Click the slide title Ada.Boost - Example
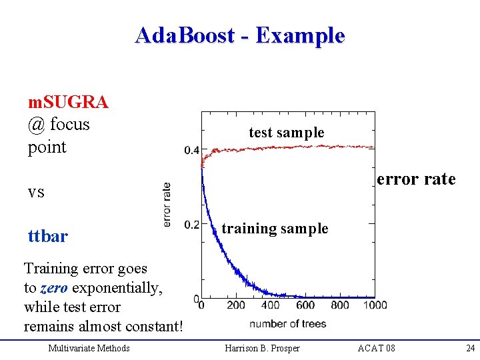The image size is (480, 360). (239, 35)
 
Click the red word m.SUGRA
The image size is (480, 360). (68, 102)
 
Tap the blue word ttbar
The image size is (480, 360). (47, 237)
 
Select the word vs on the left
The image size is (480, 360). (36, 192)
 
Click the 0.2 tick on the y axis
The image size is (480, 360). (191, 225)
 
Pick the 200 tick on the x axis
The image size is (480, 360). (236, 305)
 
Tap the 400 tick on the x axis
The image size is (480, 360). (271, 305)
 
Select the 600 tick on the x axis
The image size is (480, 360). (305, 305)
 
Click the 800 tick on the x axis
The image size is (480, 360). (340, 305)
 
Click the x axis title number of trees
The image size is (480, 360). (288, 324)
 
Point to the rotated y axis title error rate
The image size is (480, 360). (167, 204)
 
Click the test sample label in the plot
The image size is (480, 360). (287, 133)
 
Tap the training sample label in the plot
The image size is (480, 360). (275, 229)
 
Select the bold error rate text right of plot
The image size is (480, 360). (416, 179)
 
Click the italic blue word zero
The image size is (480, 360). (53, 288)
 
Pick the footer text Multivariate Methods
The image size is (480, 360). (89, 348)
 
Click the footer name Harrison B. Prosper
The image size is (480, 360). (262, 348)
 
